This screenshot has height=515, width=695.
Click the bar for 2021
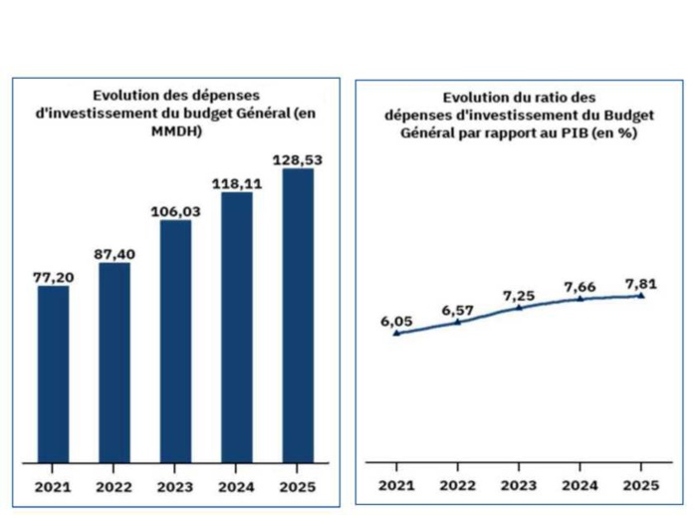[53, 376]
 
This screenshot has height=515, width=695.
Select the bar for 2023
[175, 342]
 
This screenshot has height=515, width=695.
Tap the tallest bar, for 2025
[298, 316]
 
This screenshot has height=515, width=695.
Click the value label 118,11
[236, 183]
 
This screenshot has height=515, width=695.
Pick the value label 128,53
[298, 159]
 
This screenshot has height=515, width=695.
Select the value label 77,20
[53, 278]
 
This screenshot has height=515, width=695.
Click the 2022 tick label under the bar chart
[115, 487]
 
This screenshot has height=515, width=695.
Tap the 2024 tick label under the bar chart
[237, 487]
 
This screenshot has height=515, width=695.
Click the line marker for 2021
[396, 333]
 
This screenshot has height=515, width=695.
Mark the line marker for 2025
[641, 295]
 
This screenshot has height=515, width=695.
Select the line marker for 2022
[457, 322]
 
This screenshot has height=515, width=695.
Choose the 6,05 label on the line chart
[396, 321]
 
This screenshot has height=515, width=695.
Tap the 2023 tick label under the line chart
[519, 487]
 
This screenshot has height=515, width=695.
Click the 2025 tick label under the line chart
[641, 487]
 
